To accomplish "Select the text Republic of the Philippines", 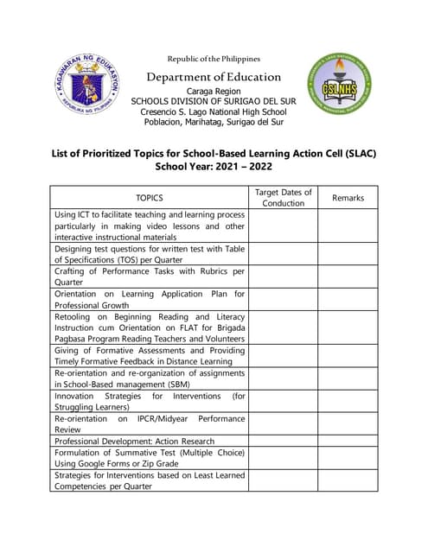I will [213, 58].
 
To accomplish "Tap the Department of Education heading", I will [213, 77].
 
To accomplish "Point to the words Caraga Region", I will [213, 91].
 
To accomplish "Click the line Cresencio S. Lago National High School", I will [213, 111].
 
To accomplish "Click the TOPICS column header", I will [150, 198].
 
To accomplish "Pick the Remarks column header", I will [348, 198].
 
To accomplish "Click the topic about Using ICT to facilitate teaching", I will [150, 226].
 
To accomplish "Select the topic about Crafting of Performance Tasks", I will [150, 276].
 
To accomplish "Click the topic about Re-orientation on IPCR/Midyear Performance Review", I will [150, 423].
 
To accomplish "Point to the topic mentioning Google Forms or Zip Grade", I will [150, 458].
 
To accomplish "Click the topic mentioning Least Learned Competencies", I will [150, 480].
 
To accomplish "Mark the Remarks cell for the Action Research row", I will [348, 440].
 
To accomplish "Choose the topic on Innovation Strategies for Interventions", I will [150, 401].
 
